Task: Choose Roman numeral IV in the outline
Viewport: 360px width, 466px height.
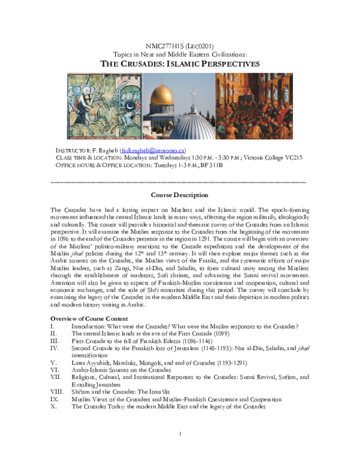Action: coord(55,348)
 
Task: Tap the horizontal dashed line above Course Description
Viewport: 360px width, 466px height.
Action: coord(179,181)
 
